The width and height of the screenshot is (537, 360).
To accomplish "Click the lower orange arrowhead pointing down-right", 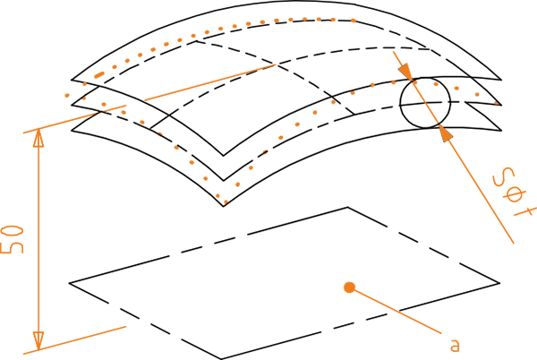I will coord(444,133).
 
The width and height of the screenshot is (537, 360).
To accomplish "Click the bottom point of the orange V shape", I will coord(225,199).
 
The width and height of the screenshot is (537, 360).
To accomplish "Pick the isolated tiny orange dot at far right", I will coord(497,103).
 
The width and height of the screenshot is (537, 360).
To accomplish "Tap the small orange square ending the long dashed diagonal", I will coord(274,62).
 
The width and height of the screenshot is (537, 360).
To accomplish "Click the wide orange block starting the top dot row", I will coord(260,17).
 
